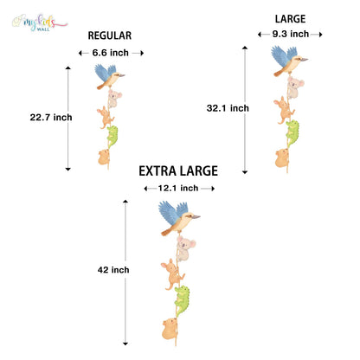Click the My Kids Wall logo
[x=40, y=22]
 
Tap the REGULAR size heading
[x=110, y=35]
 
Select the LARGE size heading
[x=290, y=19]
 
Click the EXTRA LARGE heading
[x=178, y=171]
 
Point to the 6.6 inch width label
[x=111, y=53]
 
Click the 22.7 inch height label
[x=51, y=118]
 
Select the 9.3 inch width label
[x=291, y=34]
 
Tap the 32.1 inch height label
[x=228, y=108]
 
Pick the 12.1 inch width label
[x=178, y=188]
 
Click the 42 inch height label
[x=113, y=270]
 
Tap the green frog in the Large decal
[x=292, y=132]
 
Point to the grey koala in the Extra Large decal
[x=185, y=248]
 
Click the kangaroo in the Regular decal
[x=106, y=118]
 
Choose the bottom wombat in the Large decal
[x=281, y=157]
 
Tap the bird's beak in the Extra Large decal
[x=196, y=216]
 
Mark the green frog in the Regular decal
[x=112, y=136]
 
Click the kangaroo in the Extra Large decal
[x=172, y=274]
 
